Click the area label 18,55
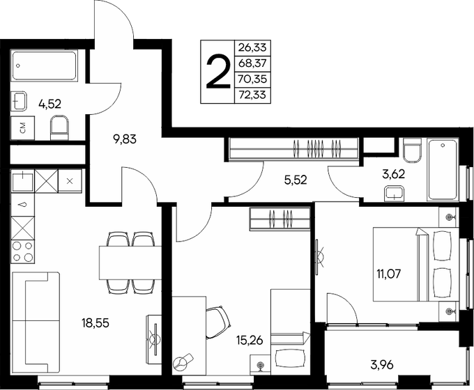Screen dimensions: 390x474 [96, 324]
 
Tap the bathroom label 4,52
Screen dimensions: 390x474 [49, 104]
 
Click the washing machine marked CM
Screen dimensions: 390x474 [23, 128]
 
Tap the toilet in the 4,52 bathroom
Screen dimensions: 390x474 [61, 127]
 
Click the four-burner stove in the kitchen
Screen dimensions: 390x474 [23, 251]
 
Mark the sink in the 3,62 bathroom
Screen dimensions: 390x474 [397, 193]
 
